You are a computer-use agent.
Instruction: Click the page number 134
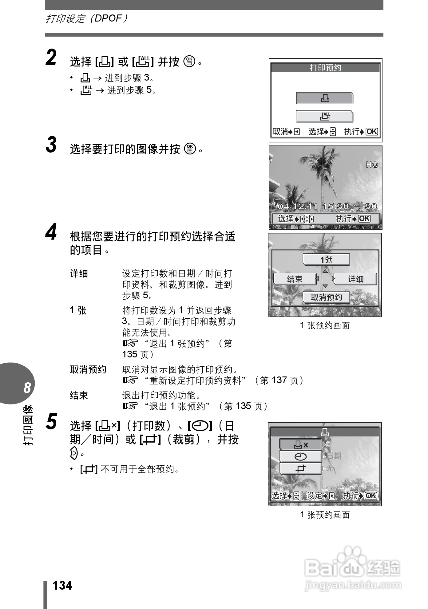[62, 585]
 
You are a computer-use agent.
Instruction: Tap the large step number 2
[51, 58]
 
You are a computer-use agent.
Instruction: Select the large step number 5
[51, 421]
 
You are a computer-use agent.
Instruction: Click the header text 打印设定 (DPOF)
[86, 18]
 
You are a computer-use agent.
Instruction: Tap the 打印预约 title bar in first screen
[325, 68]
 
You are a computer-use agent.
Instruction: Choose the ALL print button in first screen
[324, 117]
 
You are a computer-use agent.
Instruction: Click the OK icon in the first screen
[371, 132]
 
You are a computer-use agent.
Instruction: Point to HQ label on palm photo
[372, 165]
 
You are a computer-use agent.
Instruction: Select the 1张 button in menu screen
[326, 259]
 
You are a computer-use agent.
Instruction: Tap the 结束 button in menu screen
[295, 279]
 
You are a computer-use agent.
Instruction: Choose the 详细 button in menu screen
[355, 279]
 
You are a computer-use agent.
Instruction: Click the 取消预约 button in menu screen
[326, 297]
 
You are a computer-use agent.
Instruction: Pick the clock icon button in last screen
[300, 457]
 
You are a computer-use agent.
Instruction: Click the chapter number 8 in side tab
[27, 388]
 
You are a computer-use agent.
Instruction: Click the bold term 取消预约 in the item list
[88, 369]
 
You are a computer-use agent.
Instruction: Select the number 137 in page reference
[279, 380]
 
